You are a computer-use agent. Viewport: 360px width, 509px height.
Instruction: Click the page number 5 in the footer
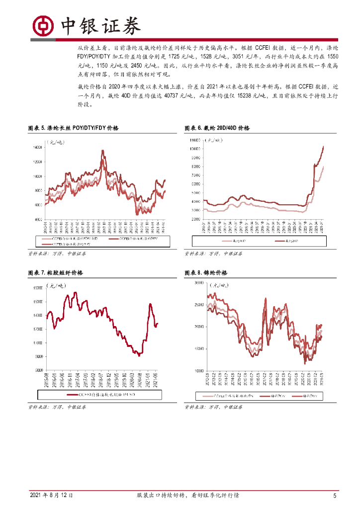[x=335, y=496]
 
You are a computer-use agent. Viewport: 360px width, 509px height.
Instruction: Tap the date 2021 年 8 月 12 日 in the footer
[x=51, y=496]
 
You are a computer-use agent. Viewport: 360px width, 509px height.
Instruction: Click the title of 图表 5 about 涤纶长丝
[x=73, y=128]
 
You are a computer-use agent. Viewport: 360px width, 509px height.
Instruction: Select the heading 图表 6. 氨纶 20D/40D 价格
[x=217, y=128]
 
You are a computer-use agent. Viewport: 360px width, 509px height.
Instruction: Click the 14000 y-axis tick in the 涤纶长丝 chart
[x=38, y=148]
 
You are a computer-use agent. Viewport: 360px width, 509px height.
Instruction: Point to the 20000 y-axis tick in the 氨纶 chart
[x=195, y=218]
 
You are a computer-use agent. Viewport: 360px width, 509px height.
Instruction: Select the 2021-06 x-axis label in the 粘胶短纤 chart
[x=157, y=379]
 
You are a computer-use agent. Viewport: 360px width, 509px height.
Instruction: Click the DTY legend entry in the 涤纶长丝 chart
[x=139, y=239]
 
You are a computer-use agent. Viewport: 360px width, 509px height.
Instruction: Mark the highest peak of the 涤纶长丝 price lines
[x=103, y=150]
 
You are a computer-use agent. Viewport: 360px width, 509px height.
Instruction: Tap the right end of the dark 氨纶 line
[x=324, y=146]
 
